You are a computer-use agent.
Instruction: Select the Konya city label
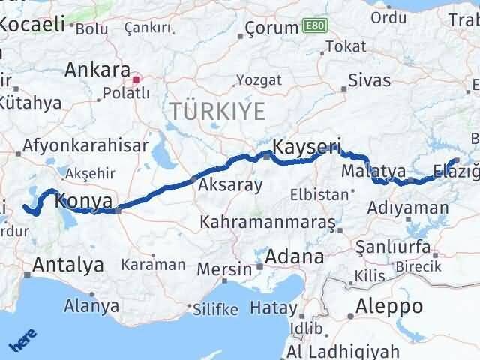coord(84,201)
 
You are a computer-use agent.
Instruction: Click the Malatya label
coord(373,172)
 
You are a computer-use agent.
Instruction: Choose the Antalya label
coord(67,264)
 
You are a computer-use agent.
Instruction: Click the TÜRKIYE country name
coord(217,112)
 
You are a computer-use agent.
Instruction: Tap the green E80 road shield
coord(314,26)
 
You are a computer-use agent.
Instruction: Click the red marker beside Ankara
coord(136,78)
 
